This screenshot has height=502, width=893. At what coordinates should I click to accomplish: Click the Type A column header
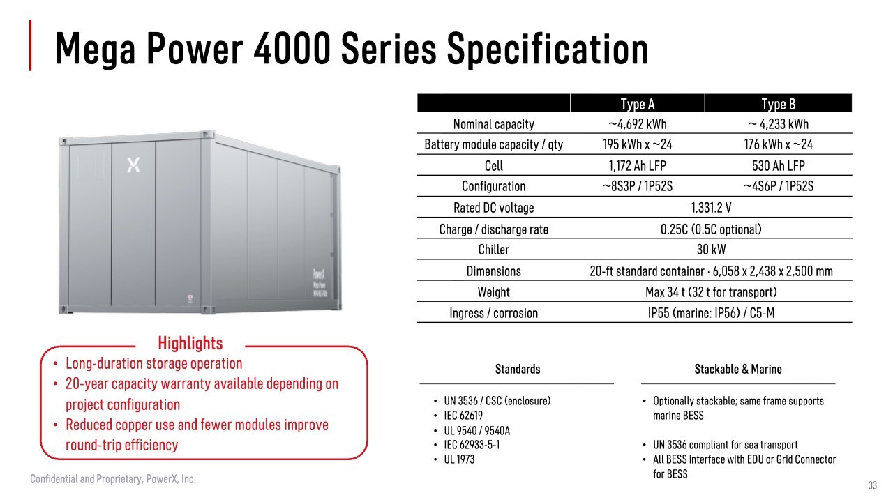(638, 104)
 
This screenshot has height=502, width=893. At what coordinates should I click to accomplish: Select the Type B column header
(778, 104)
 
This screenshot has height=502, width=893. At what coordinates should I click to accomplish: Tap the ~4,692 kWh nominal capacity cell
(638, 124)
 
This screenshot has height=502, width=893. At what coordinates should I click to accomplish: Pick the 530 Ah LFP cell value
(778, 165)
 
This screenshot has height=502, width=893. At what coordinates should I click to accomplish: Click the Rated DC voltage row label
(493, 208)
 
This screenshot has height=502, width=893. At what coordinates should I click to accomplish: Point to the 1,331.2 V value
(711, 208)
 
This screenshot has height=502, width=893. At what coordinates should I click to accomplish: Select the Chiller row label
(493, 250)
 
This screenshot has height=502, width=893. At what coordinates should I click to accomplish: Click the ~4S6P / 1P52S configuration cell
(778, 186)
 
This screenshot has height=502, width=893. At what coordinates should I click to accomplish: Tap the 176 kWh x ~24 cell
(778, 144)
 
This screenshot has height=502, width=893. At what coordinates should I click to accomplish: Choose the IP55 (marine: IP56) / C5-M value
(711, 313)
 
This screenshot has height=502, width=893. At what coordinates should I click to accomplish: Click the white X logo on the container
(133, 165)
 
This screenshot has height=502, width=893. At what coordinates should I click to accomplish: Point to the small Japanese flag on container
(190, 298)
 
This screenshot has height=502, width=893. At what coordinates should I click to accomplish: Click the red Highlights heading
(190, 343)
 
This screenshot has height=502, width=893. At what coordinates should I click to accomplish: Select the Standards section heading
(518, 369)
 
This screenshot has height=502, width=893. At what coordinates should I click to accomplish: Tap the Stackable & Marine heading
(738, 369)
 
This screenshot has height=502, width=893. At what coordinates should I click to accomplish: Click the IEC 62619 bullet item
(463, 416)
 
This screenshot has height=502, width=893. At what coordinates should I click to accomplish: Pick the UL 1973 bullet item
(459, 459)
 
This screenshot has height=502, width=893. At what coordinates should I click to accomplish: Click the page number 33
(873, 485)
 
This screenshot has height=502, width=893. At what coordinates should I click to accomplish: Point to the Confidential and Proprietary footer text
(113, 479)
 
